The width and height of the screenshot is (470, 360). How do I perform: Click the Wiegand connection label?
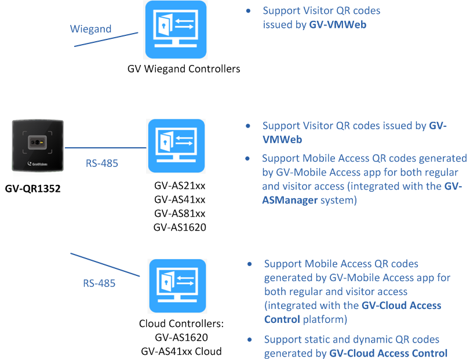point(90,28)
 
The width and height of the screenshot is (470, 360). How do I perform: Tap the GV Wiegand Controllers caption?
point(184,69)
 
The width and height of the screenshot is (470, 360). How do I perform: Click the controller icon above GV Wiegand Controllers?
point(176,30)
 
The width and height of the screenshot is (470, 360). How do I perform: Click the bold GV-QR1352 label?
point(37,188)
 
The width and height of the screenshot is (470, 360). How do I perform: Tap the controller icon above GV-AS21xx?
point(176,146)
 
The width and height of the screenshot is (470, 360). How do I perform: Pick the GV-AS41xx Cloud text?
point(181,351)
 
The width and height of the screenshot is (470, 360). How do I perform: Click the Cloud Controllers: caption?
point(181,323)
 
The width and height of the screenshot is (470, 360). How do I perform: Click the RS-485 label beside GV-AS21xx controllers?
point(101,163)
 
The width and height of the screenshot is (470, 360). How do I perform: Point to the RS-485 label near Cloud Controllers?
point(99,283)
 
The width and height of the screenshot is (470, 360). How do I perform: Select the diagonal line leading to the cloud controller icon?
point(105,264)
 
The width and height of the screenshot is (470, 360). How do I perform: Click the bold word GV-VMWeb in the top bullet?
point(338,25)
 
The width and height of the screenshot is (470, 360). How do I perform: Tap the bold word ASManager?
point(288,201)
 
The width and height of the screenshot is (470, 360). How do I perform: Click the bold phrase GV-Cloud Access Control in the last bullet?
point(388,353)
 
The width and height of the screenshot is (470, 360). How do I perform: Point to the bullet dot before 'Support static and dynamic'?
point(250,340)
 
